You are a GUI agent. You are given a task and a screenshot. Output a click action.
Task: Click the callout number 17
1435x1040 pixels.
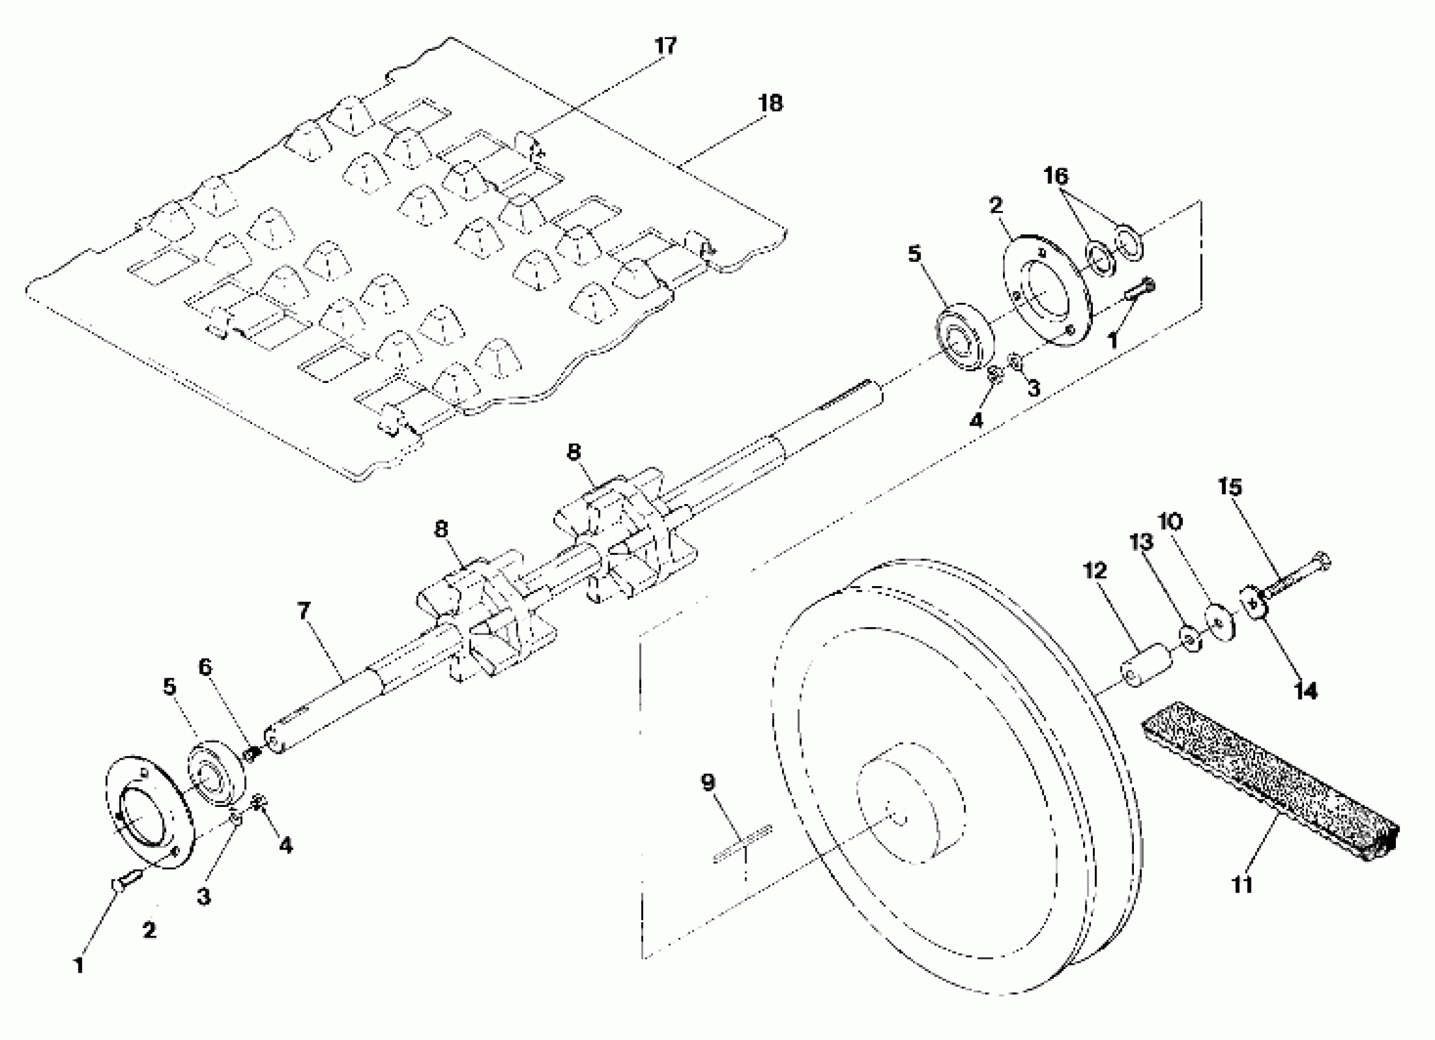(x=666, y=45)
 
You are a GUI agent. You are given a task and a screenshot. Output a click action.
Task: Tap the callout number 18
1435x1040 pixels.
(x=770, y=103)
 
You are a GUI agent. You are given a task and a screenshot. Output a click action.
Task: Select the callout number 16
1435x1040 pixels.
(x=1056, y=176)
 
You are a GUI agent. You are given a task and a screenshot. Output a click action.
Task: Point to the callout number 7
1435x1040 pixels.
(x=304, y=611)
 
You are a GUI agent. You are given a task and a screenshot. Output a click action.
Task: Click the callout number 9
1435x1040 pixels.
(x=708, y=782)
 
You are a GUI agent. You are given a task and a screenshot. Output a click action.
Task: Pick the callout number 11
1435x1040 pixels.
(x=1242, y=885)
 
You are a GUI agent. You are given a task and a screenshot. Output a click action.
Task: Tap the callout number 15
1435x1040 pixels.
(x=1230, y=486)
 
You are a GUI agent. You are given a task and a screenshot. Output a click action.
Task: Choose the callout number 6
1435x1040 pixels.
(x=205, y=667)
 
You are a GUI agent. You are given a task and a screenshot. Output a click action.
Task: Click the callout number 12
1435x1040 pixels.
(x=1095, y=571)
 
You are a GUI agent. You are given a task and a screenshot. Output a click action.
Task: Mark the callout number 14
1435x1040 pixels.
(x=1305, y=691)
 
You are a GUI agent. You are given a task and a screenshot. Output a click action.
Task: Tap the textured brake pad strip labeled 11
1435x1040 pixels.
(x=1272, y=784)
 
